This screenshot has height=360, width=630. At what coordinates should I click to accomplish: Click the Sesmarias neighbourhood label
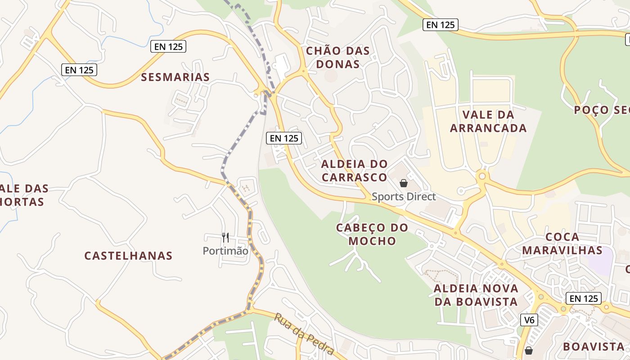pyautogui.click(x=175, y=77)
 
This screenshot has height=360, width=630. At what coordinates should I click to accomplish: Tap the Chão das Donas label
pyautogui.click(x=338, y=58)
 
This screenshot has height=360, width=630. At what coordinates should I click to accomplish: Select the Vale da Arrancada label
pyautogui.click(x=488, y=121)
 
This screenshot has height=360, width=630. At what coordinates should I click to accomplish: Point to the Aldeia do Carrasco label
pyautogui.click(x=354, y=171)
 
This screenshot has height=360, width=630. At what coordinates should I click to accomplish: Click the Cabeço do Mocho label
pyautogui.click(x=372, y=234)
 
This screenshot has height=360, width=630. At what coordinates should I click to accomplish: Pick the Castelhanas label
pyautogui.click(x=128, y=256)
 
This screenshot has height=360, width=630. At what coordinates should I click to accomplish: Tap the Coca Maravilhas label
pyautogui.click(x=562, y=243)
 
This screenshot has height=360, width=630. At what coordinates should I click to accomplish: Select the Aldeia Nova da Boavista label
pyautogui.click(x=476, y=295)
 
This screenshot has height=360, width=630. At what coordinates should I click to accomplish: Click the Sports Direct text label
pyautogui.click(x=404, y=197)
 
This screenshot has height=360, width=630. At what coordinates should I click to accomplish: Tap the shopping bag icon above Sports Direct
pyautogui.click(x=404, y=183)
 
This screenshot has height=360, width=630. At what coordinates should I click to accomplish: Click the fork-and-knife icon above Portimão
pyautogui.click(x=225, y=237)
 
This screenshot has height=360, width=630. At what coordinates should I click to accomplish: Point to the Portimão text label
pyautogui.click(x=225, y=251)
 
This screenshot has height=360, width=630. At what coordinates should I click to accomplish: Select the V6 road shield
pyautogui.click(x=529, y=320)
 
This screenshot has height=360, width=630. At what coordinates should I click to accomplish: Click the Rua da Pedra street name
pyautogui.click(x=304, y=333)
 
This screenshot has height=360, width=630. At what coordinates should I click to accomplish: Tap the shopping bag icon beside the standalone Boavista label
pyautogui.click(x=529, y=350)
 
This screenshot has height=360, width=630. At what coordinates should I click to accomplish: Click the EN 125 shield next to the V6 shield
pyautogui.click(x=584, y=298)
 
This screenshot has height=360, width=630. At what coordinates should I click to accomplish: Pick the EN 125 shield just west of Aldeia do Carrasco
pyautogui.click(x=284, y=138)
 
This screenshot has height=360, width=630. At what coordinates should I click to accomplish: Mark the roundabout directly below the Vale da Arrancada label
pyautogui.click(x=482, y=176)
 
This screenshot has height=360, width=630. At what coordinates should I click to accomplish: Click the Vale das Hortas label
pyautogui.click(x=22, y=195)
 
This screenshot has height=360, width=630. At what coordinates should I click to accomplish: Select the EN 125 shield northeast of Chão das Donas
pyautogui.click(x=441, y=25)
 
